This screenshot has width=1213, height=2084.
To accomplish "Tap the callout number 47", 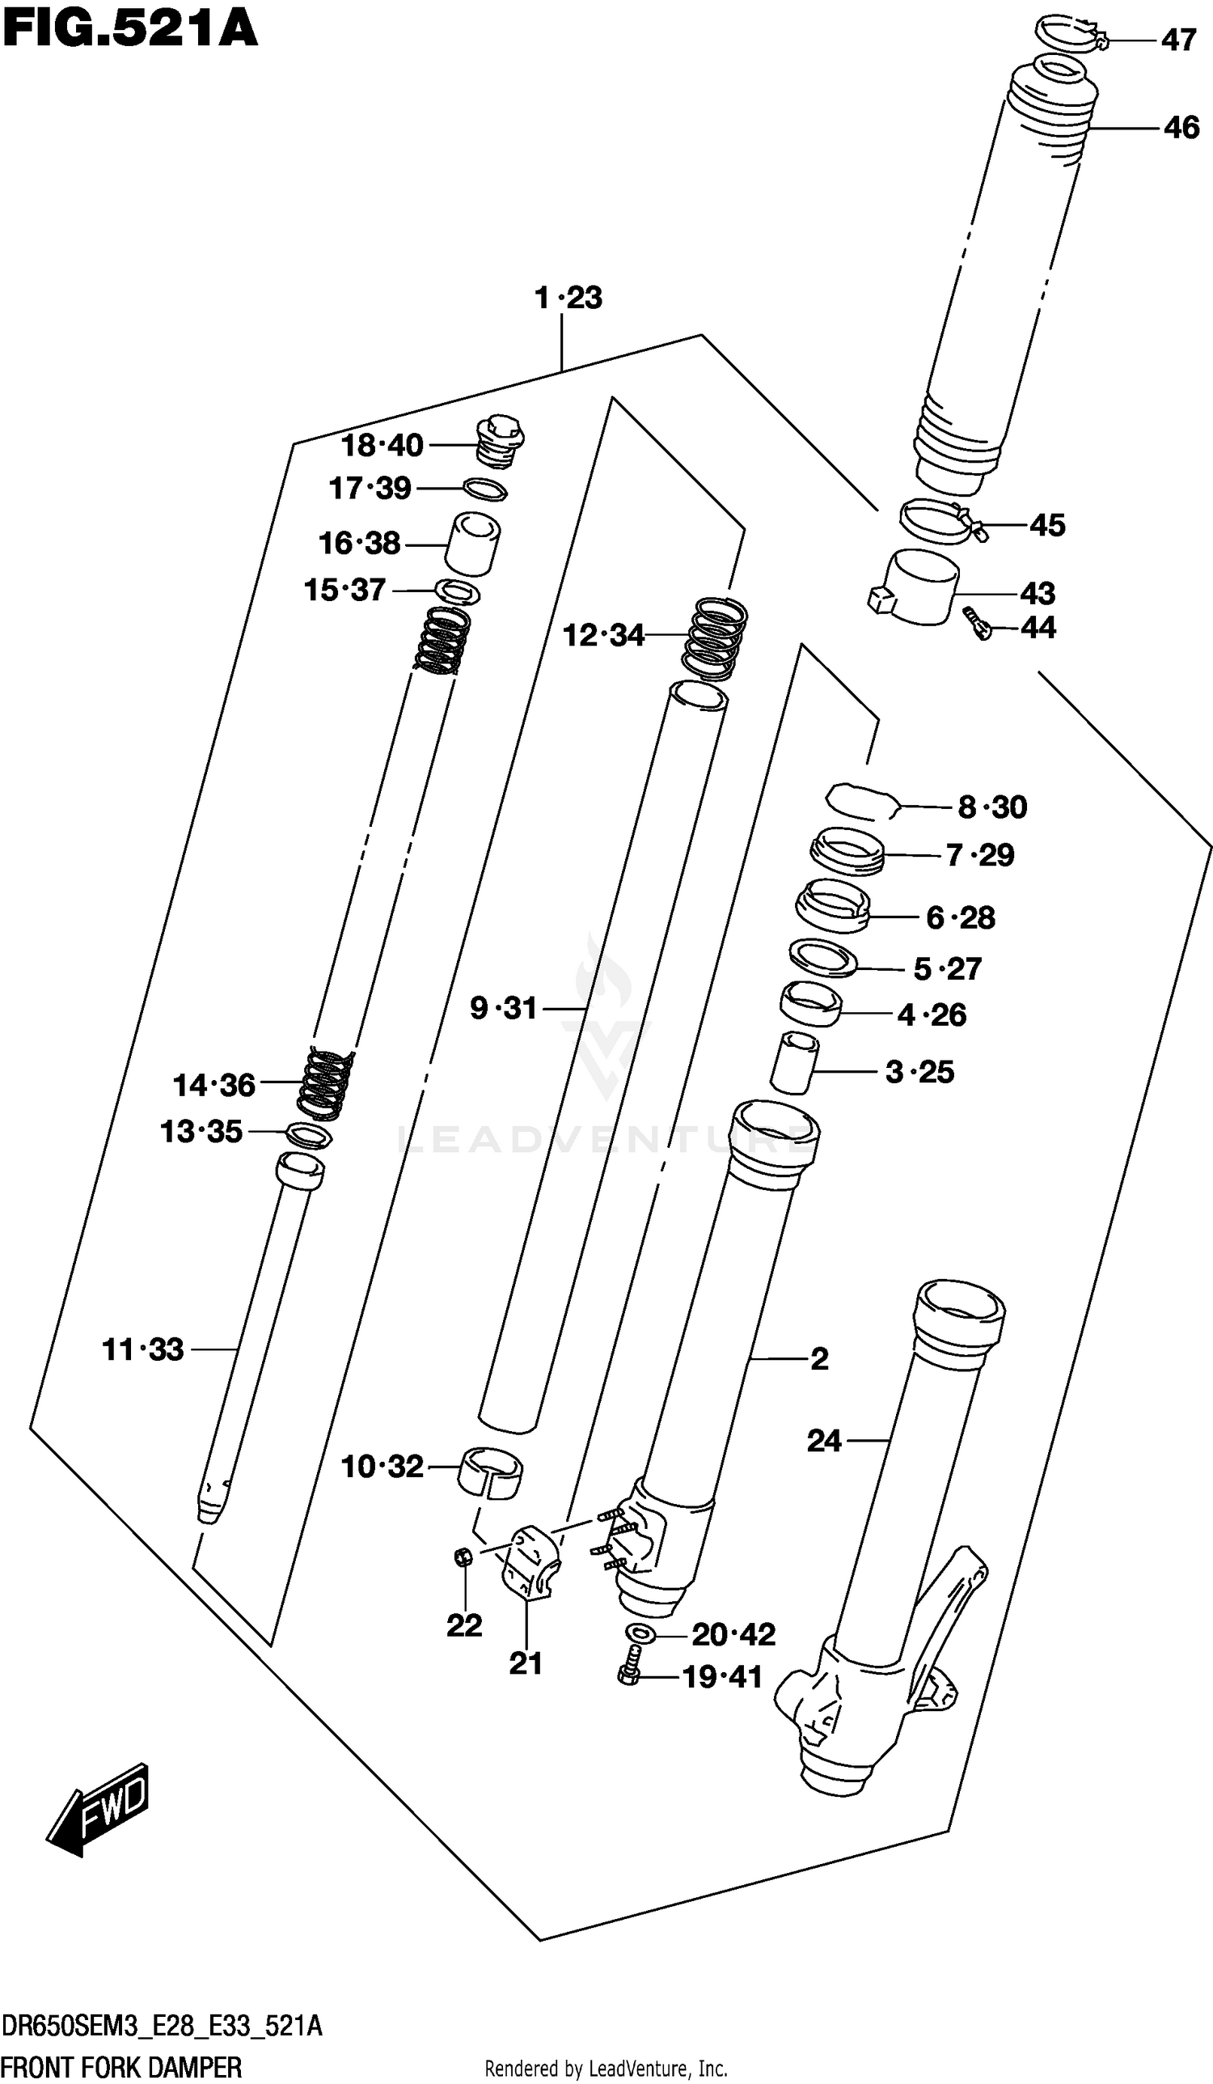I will coord(1177,40).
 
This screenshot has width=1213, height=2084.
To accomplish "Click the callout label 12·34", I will coord(602,635).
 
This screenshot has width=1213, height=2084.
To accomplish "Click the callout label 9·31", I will coord(503,1008).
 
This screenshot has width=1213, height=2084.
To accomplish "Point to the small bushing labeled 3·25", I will coord(795,1063).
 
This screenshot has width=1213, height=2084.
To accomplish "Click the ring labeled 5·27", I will coord(822,958).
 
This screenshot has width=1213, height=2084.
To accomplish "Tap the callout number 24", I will coord(823,1441).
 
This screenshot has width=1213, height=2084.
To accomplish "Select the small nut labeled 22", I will coord(464,1557).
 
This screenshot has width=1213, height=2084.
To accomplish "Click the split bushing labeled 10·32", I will coord(491,1472).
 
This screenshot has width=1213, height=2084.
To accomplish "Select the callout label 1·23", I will coord(568,298).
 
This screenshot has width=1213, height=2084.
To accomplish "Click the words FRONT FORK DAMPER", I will coord(121,2067).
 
